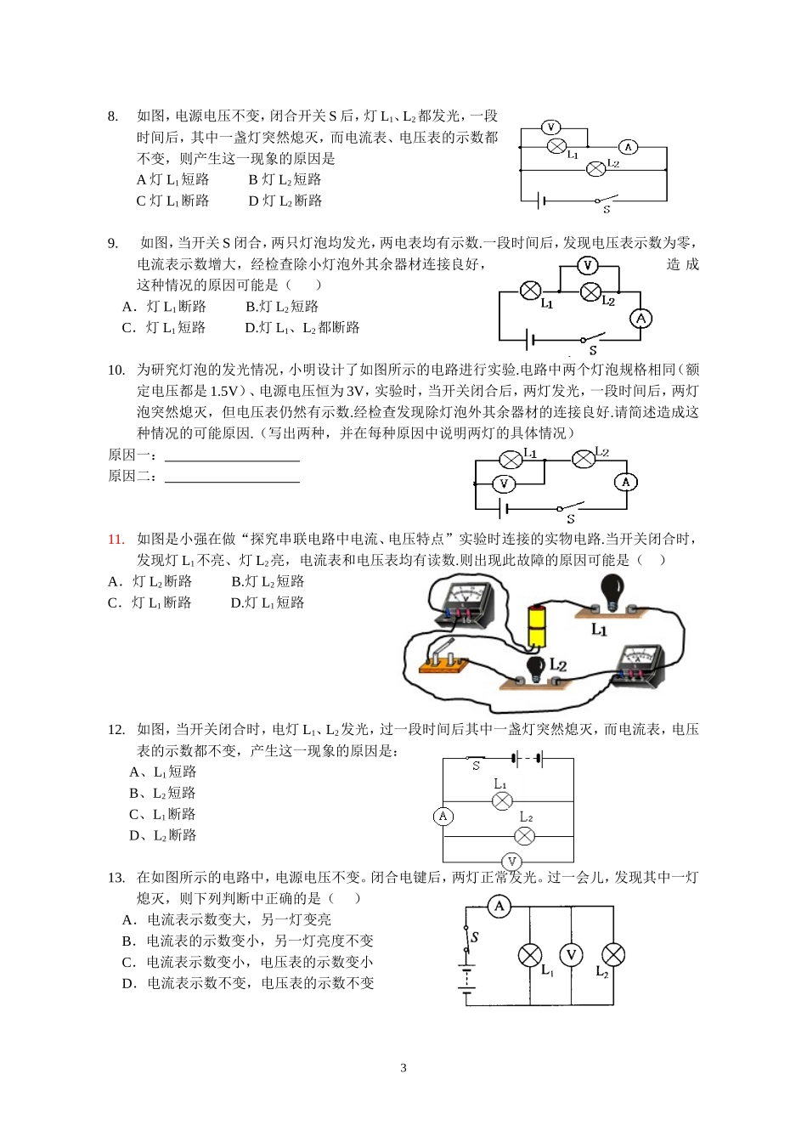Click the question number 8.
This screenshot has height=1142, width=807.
tap(113, 116)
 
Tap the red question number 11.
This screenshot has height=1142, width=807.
tap(116, 539)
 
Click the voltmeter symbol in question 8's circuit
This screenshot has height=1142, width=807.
tap(550, 127)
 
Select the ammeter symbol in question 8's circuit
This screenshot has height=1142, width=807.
tap(628, 147)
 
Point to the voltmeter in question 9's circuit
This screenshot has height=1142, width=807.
tap(588, 266)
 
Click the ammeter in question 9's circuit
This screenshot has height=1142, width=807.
tap(641, 319)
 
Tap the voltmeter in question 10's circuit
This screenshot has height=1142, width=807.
tap(505, 484)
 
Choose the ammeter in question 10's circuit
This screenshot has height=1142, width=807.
tap(626, 482)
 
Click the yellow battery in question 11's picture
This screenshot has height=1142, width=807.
tap(537, 627)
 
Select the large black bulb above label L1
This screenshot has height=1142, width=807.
tap(611, 590)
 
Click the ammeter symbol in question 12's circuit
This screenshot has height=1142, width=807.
tap(443, 817)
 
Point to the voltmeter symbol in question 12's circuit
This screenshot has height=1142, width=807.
tap(511, 862)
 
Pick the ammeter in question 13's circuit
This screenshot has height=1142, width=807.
tap(499, 906)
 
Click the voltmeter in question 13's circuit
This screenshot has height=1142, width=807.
tap(572, 955)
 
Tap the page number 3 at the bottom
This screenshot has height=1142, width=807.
tap(403, 1068)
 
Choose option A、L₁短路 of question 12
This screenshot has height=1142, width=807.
tap(163, 772)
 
